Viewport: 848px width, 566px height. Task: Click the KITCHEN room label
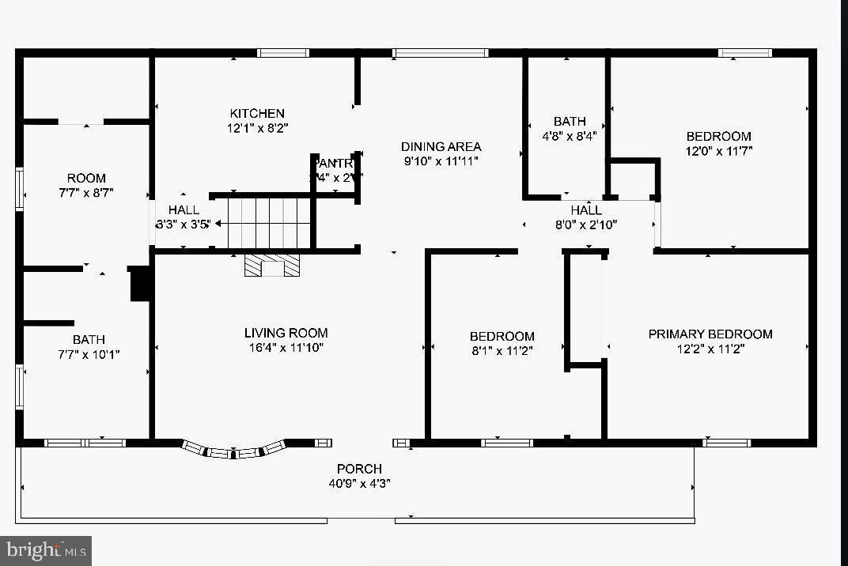[x=257, y=113]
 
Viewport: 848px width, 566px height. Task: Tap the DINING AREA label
[x=441, y=146]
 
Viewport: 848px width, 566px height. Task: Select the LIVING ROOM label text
[x=286, y=333]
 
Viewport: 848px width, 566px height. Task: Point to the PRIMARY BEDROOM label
[x=710, y=334]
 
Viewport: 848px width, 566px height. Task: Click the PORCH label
[x=359, y=469]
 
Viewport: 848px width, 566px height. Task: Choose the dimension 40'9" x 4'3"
[x=359, y=482]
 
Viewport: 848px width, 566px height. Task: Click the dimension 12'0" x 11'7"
[x=718, y=150]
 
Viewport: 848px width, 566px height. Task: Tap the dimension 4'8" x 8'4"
[x=570, y=135]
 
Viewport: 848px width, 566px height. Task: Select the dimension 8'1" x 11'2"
[x=502, y=349]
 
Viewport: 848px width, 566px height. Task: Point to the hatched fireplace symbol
[x=273, y=266]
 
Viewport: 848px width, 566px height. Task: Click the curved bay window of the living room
[x=233, y=451]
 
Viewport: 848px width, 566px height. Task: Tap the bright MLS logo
[x=45, y=549]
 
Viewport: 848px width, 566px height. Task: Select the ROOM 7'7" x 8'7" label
[x=86, y=184]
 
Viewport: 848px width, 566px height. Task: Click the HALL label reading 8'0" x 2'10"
[x=586, y=217]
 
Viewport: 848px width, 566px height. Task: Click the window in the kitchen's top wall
[x=282, y=53]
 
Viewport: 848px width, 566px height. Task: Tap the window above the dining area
[x=440, y=53]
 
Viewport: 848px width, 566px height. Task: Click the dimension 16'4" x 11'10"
[x=286, y=347]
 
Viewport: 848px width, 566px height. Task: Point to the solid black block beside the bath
[x=140, y=284]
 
